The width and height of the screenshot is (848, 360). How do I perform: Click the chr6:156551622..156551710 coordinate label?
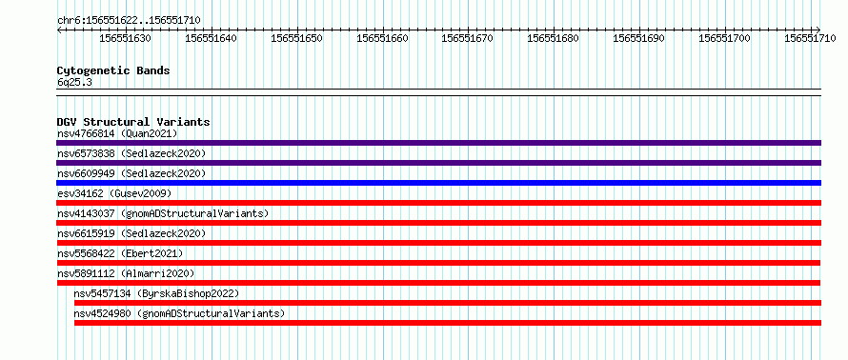129,21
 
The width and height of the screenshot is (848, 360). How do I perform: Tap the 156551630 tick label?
126,38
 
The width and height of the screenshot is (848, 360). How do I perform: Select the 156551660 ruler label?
382,38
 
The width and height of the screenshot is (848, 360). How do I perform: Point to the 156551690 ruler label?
639,38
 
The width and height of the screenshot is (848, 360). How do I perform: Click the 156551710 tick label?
810,38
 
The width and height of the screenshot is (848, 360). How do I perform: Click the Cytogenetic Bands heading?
113,70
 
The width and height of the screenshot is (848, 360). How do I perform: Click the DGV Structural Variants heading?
133,122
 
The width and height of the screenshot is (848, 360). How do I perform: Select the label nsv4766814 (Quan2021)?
117,133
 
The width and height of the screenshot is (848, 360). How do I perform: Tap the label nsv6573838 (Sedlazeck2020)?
131,153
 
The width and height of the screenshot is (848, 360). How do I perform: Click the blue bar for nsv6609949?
438,183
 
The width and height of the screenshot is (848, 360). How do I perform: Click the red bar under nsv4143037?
438,223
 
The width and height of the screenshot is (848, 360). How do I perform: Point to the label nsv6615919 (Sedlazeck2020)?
131,233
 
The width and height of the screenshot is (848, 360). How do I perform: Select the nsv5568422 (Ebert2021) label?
120,253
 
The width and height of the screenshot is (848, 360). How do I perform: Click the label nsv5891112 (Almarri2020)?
126,273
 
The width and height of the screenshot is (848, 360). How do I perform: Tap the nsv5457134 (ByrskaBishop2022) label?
156,293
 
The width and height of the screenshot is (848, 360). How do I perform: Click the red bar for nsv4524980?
448,323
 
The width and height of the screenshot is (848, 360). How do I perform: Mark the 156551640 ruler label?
211,38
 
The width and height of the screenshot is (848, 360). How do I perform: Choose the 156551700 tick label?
725,38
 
